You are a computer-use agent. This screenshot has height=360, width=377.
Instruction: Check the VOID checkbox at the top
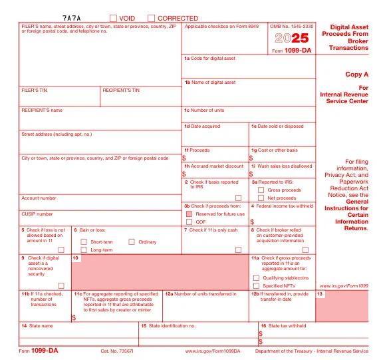point(113,18)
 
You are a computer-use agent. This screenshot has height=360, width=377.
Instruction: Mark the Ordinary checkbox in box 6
point(132,242)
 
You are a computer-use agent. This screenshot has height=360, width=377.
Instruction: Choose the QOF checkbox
point(189,222)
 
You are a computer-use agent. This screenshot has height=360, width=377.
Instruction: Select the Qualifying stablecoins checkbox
point(257,277)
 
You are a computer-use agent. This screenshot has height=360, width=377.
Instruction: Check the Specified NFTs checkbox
point(257,286)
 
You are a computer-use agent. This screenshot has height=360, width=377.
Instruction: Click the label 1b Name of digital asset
point(209,83)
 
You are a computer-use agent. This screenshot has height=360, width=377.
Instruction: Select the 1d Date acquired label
point(202,126)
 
